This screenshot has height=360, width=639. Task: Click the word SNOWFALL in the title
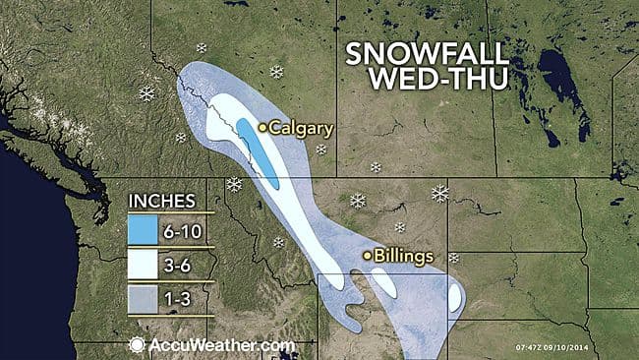pyautogui.click(x=426, y=55)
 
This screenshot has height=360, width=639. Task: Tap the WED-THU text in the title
pyautogui.click(x=425, y=84)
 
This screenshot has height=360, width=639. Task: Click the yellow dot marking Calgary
pyautogui.click(x=263, y=127)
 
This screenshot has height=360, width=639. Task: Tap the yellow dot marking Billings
pyautogui.click(x=369, y=256)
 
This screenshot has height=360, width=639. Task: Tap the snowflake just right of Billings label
pyautogui.click(x=453, y=258)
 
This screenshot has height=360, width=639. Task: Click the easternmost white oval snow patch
pyautogui.click(x=455, y=297)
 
